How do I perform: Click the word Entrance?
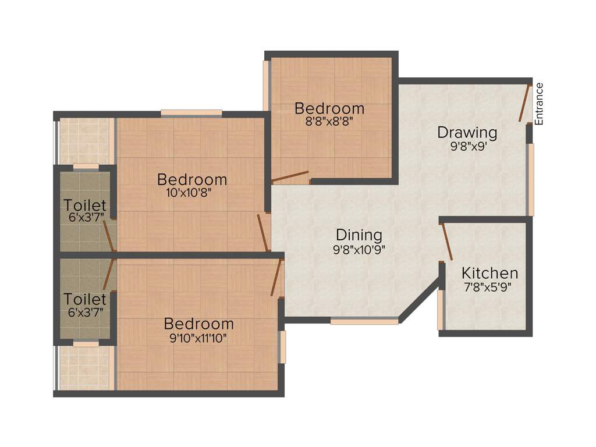point(539,104)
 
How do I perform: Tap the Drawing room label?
point(467,133)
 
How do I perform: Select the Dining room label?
point(359,235)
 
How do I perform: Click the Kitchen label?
point(489,272)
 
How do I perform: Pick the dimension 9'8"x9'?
point(467,147)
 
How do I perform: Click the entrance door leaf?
point(525,103)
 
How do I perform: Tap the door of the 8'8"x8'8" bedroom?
point(290,177)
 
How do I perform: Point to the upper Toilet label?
point(85,205)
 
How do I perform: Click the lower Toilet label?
point(85,299)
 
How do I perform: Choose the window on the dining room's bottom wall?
point(364,321)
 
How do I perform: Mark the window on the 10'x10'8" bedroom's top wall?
point(191,113)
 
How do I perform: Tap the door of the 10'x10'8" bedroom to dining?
point(263,233)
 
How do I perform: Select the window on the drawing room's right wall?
point(530,180)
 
